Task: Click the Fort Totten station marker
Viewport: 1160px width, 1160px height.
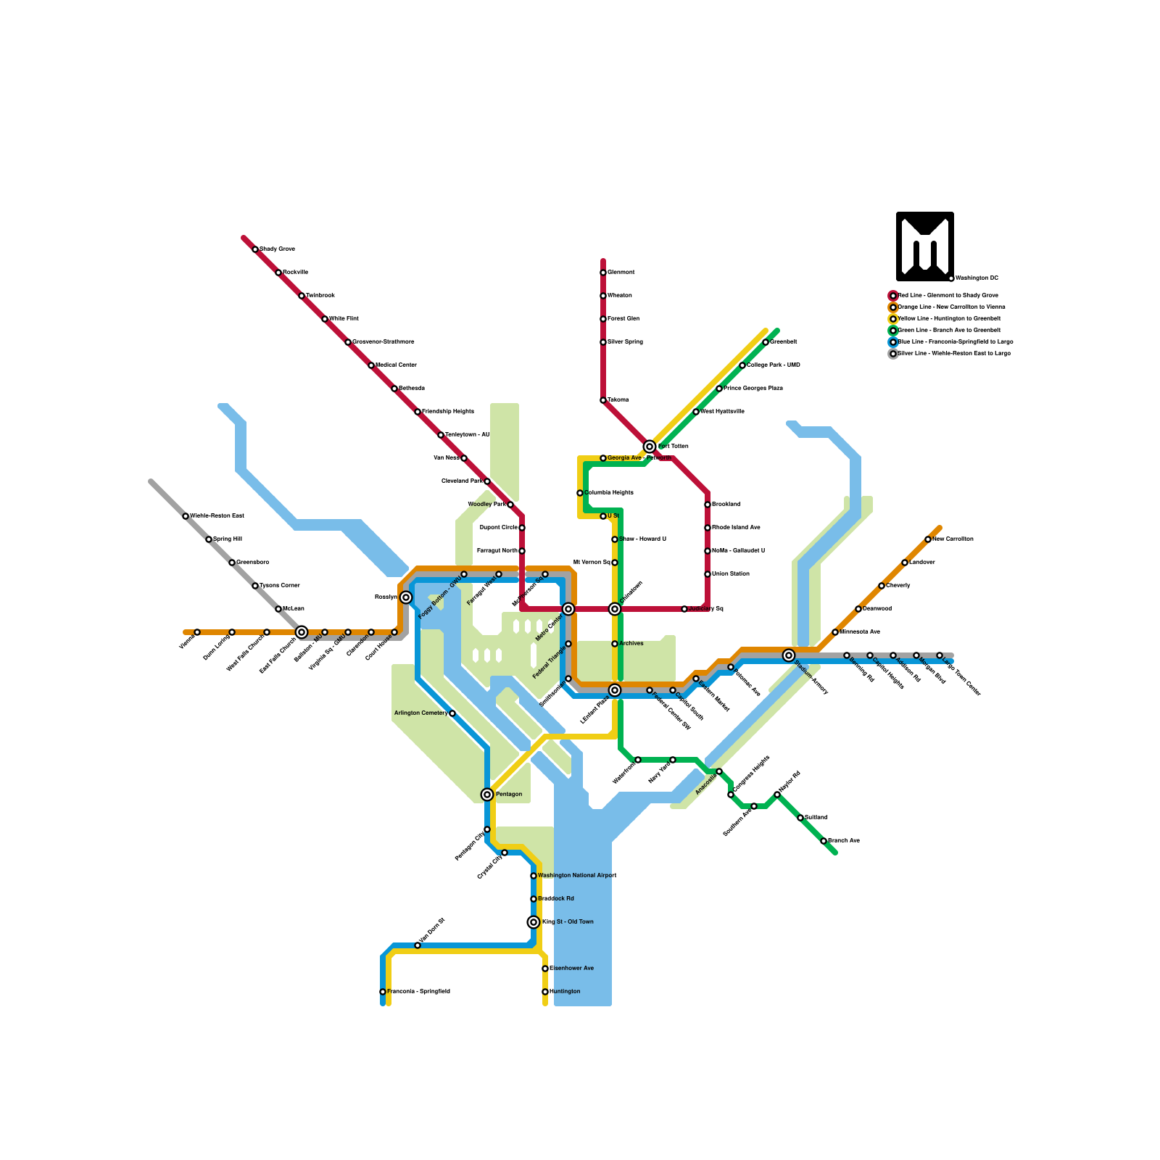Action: coord(650,447)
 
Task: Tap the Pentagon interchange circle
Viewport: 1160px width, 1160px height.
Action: coord(487,795)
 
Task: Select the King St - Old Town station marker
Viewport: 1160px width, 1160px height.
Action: coord(534,922)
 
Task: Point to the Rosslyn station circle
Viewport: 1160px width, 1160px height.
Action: coord(406,597)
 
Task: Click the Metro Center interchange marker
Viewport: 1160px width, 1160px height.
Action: coord(568,609)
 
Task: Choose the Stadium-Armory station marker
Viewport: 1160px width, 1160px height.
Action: coord(789,655)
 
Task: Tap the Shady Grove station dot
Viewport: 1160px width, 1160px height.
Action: coord(255,249)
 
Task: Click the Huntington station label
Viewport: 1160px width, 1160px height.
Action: coord(565,992)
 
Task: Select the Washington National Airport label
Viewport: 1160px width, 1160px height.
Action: coord(577,876)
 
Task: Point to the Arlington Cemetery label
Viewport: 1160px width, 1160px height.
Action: coord(420,713)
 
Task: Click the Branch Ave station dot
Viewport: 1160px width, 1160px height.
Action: coord(824,841)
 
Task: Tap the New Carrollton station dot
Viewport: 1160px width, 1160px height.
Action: coord(928,539)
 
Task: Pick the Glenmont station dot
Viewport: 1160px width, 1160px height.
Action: coord(603,273)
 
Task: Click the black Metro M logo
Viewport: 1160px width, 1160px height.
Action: coord(924,246)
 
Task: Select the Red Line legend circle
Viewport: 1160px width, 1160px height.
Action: coord(893,296)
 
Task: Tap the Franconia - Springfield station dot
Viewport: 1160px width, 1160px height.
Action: coord(383,992)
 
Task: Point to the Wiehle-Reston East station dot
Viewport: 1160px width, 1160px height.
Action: coord(186,516)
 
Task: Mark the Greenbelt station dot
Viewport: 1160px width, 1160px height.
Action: coord(766,342)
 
